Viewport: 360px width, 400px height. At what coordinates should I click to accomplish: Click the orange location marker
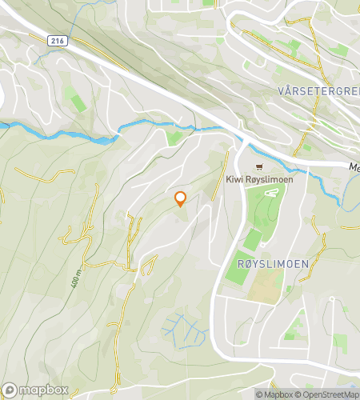pyautogui.click(x=180, y=200)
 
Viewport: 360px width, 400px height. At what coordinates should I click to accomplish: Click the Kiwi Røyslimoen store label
pyautogui.click(x=258, y=179)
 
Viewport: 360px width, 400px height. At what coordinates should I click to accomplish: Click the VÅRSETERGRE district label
pyautogui.click(x=319, y=90)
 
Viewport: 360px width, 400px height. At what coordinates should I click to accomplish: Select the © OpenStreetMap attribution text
pyautogui.click(x=328, y=394)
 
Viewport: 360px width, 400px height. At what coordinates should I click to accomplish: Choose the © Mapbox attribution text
pyautogui.click(x=274, y=394)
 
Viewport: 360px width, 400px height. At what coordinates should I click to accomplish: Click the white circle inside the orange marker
pyautogui.click(x=180, y=198)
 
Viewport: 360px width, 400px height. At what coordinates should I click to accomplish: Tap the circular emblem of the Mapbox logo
pyautogui.click(x=10, y=390)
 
